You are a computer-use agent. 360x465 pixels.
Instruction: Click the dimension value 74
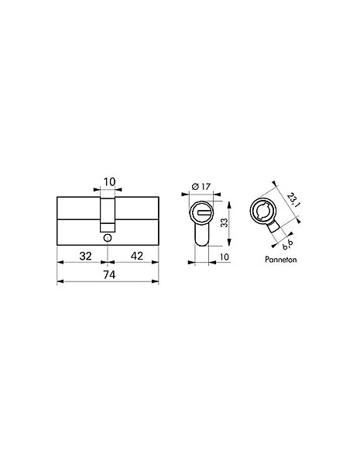click(x=109, y=274)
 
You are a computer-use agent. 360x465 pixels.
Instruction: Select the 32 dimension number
click(x=86, y=256)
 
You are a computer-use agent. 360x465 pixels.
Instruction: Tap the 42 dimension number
click(x=137, y=256)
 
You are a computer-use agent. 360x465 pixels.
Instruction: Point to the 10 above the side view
click(x=109, y=182)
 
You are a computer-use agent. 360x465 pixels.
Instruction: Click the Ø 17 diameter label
click(x=201, y=187)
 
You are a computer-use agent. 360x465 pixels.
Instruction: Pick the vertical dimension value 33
click(x=225, y=222)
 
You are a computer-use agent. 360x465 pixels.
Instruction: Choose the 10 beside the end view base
click(x=225, y=257)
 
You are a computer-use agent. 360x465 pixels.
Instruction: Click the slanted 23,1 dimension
click(x=293, y=200)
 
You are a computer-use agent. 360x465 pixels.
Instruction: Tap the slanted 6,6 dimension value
click(x=287, y=244)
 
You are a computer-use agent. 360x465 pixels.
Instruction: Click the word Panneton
click(x=280, y=260)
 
